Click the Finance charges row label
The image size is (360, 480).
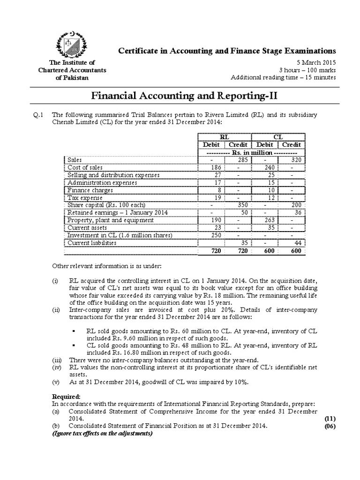[x=90, y=191]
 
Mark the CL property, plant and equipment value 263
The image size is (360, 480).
[x=265, y=220]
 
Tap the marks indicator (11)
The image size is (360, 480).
[x=330, y=418]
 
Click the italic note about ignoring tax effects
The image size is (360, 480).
[x=101, y=433]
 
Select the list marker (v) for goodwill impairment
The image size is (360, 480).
[x=55, y=381]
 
